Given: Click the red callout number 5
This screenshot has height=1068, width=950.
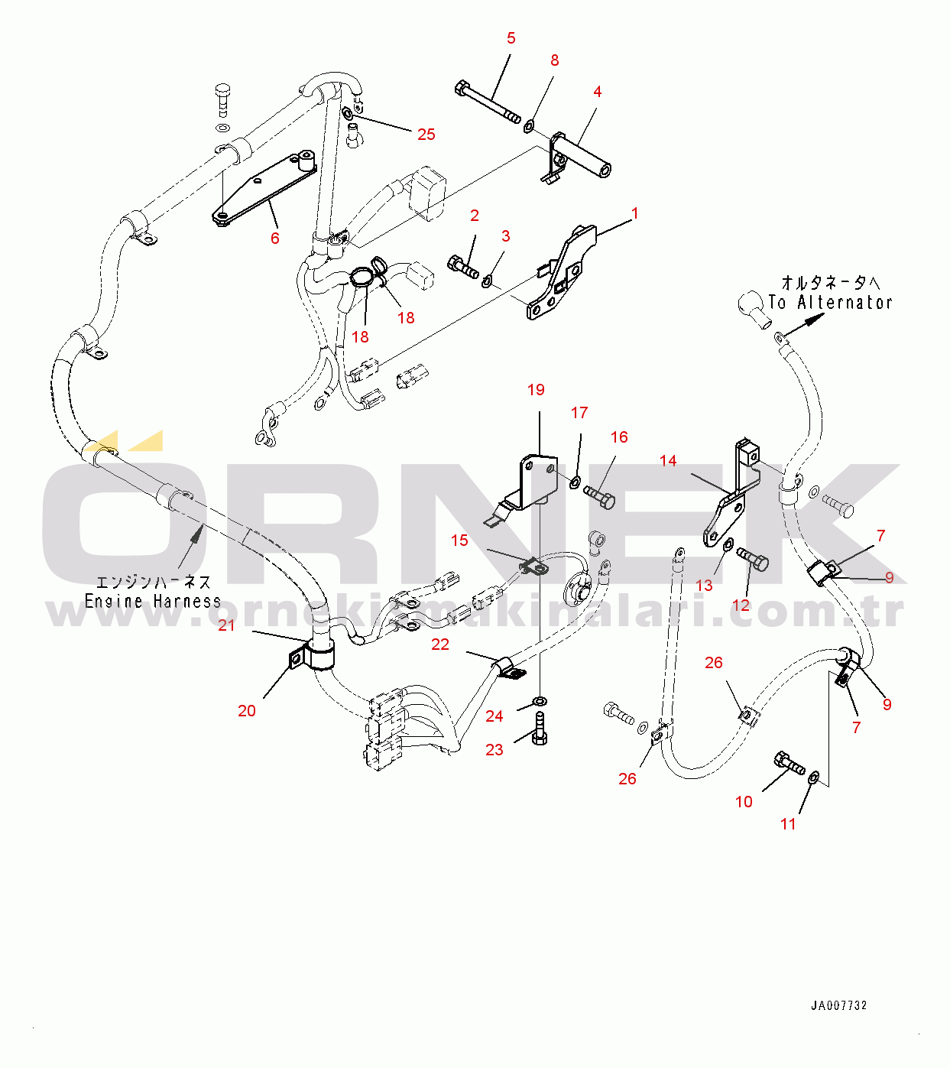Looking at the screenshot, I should tap(511, 38).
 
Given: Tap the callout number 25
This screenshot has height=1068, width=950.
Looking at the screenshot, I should tap(426, 135).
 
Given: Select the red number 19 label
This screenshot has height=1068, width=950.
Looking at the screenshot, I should tap(536, 390).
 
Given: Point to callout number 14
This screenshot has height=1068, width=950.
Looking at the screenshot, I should tap(668, 460).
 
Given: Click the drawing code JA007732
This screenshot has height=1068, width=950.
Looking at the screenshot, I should tap(839, 1006).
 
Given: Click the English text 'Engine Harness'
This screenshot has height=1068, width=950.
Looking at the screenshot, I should tap(153, 602).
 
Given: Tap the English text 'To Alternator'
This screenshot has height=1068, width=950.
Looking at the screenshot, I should tap(831, 303).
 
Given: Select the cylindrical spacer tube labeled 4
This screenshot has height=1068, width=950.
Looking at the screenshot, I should tap(585, 155).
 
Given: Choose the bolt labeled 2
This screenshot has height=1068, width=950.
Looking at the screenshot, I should tap(463, 268).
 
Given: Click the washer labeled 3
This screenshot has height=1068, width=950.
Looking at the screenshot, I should tap(487, 284).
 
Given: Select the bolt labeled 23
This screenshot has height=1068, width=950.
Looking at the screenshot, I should tap(540, 728).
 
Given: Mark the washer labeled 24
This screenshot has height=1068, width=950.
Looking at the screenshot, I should tap(540, 701).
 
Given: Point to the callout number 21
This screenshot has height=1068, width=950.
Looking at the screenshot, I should tap(227, 625).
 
